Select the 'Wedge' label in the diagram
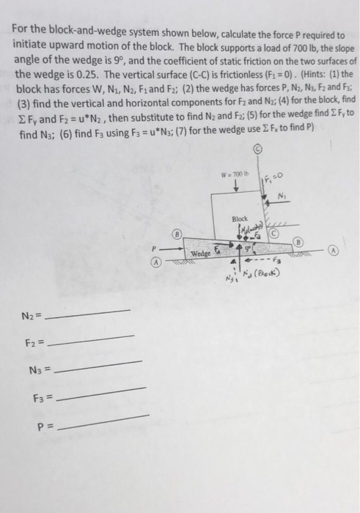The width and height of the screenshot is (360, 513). (x=201, y=254)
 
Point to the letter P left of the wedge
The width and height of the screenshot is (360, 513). (x=155, y=247)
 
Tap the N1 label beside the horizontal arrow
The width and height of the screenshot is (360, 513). (x=282, y=195)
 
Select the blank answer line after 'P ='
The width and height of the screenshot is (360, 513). (x=106, y=422)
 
